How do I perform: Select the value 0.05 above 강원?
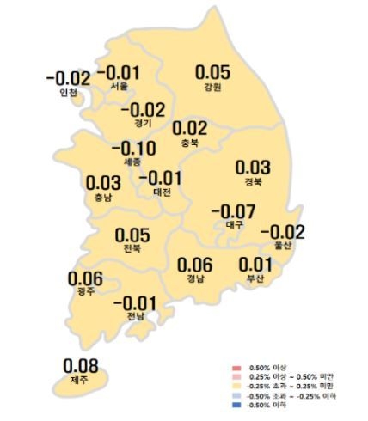tap(213, 73)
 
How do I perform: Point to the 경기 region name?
tap(143, 122)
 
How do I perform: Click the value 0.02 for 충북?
tap(190, 129)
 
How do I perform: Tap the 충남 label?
tap(104, 197)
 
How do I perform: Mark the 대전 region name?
tap(161, 192)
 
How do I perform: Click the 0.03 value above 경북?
tap(253, 167)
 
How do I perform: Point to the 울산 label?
tap(282, 246)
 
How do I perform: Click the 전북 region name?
tap(132, 248)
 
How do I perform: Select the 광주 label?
tap(85, 292)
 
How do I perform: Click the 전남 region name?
tap(135, 316)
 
